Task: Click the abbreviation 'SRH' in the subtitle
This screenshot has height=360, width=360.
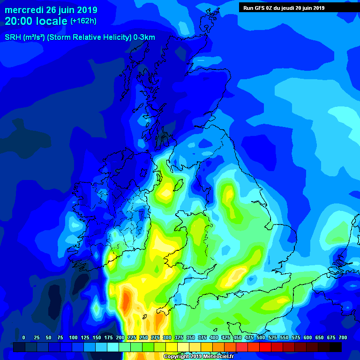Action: point(14,37)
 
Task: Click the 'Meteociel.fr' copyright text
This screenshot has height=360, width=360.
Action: point(210,357)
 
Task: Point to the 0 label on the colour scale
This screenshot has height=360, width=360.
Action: point(23,337)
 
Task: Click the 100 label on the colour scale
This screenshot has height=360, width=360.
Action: point(73,337)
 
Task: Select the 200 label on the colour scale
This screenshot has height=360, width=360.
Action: point(120,337)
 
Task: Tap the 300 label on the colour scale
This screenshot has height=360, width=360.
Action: point(167,337)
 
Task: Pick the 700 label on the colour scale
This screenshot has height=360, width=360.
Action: point(343,337)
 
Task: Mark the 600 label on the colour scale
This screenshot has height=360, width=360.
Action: point(307,337)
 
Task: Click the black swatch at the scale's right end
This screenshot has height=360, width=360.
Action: point(336,347)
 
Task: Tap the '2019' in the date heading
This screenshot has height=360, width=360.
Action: point(85,10)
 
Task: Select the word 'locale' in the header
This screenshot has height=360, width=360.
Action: point(52,21)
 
